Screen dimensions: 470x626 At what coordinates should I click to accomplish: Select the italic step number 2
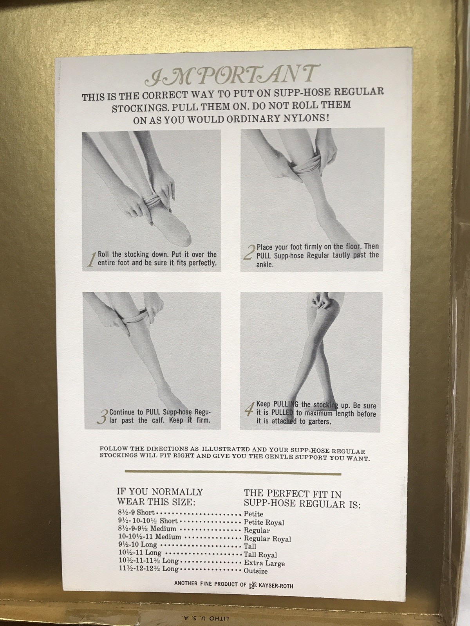(x=249, y=252)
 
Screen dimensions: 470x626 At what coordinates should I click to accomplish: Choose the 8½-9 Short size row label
(x=136, y=513)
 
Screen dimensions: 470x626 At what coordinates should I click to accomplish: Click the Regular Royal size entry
(x=268, y=538)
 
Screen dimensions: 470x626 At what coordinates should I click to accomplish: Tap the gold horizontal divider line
(x=233, y=474)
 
